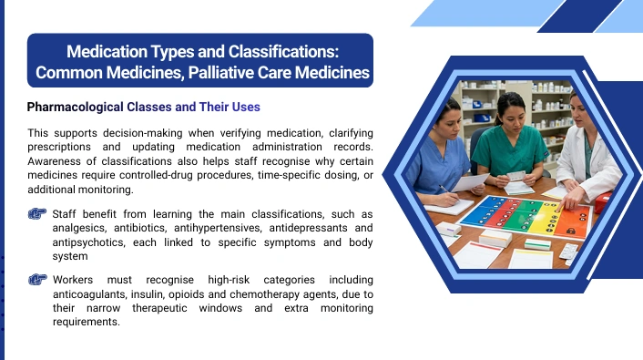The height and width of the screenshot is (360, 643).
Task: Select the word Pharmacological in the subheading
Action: [x=75, y=108]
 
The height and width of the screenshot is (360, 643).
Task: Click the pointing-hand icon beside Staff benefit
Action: [x=37, y=213]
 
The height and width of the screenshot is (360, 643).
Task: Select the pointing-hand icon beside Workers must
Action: [x=37, y=280]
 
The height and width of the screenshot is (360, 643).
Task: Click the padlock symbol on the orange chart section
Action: [x=570, y=231]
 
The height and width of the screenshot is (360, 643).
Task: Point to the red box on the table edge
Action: [x=602, y=202]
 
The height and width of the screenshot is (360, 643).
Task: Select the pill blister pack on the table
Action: [x=569, y=252]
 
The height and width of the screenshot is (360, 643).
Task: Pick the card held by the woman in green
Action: [x=515, y=176]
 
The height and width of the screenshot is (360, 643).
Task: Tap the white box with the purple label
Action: [x=448, y=229]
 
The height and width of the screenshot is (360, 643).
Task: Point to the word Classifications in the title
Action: [x=283, y=52]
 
